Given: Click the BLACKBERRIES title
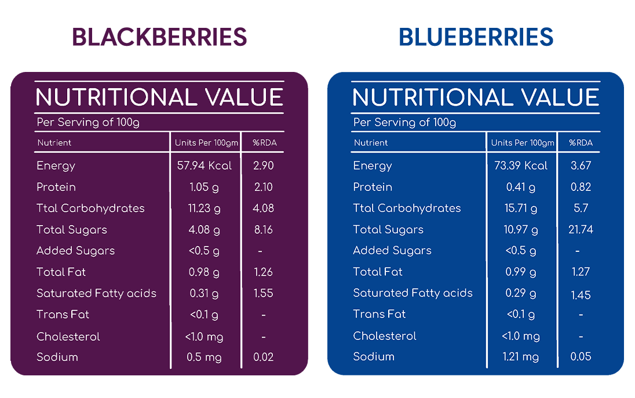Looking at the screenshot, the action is click(159, 37).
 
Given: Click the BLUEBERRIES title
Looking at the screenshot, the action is click(476, 37).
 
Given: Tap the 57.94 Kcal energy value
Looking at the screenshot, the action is click(205, 165).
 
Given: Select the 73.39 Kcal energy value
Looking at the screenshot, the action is click(521, 165).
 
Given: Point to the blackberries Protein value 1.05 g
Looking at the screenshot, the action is click(204, 187).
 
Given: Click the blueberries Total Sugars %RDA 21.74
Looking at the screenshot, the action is click(581, 230).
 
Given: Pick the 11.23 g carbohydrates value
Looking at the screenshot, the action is click(204, 208).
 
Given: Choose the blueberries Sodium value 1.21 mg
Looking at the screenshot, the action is click(521, 357).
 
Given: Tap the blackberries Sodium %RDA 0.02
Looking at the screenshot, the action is click(263, 357).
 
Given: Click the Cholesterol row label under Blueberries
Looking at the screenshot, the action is click(385, 336).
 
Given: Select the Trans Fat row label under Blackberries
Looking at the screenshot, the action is click(63, 314).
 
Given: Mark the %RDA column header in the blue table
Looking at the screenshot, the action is click(581, 143).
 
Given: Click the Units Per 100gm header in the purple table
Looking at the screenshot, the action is click(206, 143).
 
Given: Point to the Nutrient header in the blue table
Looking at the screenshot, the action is click(371, 143).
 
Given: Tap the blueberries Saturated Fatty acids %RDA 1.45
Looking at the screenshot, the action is click(581, 295).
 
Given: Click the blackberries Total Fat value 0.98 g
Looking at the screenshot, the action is click(204, 272).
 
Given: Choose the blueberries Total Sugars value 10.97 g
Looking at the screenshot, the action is click(521, 230).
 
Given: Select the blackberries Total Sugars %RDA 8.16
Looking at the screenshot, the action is click(263, 230).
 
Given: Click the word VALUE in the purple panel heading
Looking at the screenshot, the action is click(243, 97).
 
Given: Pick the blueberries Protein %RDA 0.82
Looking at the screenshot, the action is click(581, 187).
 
